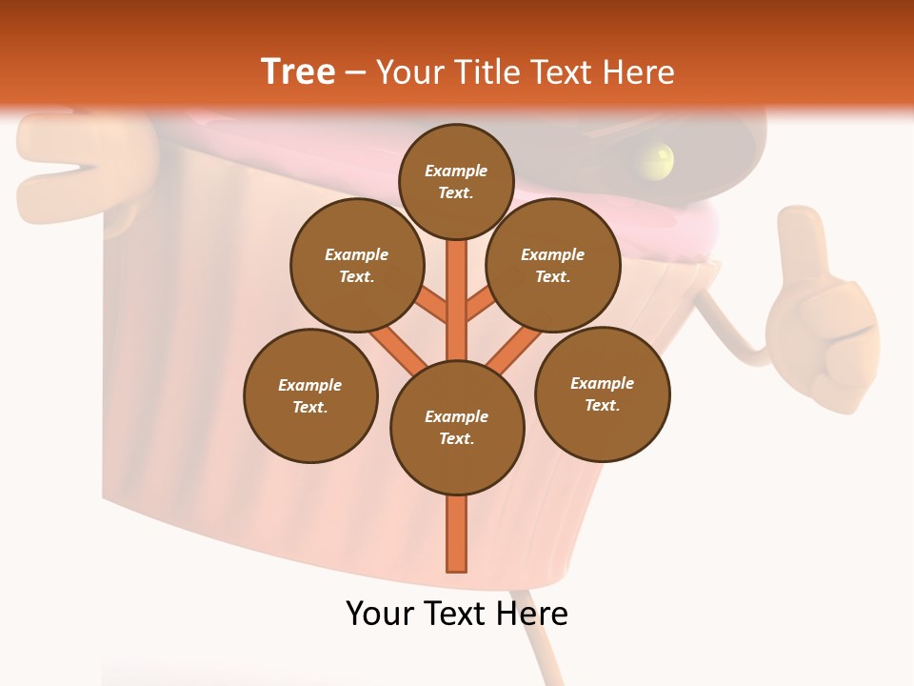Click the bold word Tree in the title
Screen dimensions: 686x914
298,71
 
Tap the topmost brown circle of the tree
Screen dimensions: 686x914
456,181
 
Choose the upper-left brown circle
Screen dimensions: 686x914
356,265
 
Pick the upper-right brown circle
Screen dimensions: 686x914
552,265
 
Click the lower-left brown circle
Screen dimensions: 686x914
310,395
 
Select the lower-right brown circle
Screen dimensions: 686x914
602,393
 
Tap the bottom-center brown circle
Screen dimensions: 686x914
457,427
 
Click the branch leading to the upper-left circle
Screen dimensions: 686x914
433,307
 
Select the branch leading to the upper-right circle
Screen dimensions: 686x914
480,307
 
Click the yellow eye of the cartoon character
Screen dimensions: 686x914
657,157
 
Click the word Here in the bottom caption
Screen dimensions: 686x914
526,614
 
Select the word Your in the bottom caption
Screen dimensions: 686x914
380,614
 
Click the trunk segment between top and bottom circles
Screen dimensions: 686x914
457,300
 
